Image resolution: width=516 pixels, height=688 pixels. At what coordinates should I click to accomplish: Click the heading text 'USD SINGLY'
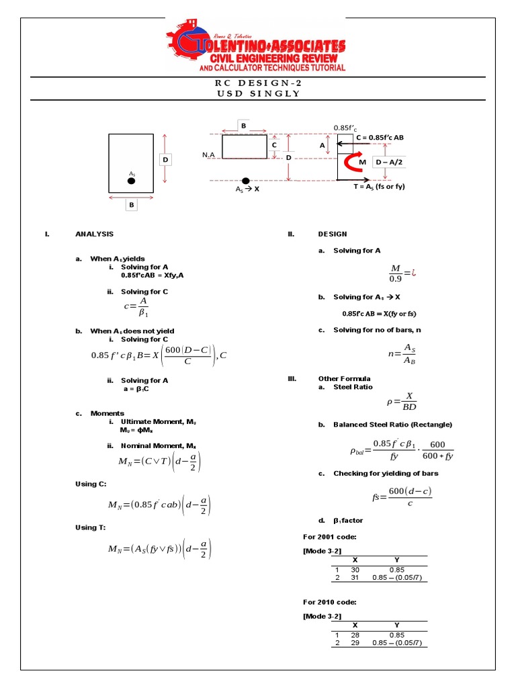(258, 93)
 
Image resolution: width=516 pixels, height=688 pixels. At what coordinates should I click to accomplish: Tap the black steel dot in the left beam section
(132, 181)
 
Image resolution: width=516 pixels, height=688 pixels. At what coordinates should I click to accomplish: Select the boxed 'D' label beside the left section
(165, 160)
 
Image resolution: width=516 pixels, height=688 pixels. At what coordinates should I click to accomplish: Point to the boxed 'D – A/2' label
(388, 163)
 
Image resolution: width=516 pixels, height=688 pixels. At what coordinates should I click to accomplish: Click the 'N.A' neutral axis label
(208, 155)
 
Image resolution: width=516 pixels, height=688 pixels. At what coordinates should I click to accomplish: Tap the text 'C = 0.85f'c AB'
(384, 137)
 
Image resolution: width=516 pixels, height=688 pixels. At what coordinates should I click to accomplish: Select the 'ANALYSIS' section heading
(95, 234)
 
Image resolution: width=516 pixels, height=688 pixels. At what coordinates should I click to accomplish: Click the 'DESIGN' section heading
(333, 234)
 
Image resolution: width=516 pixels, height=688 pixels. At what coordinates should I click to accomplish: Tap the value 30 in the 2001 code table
(355, 570)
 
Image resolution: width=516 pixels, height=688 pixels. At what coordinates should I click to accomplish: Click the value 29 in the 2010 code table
(355, 643)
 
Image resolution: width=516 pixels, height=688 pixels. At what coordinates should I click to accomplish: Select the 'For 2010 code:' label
(329, 602)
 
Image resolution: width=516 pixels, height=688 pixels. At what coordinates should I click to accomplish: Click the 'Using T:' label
(90, 527)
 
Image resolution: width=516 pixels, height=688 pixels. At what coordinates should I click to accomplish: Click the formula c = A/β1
(136, 308)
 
